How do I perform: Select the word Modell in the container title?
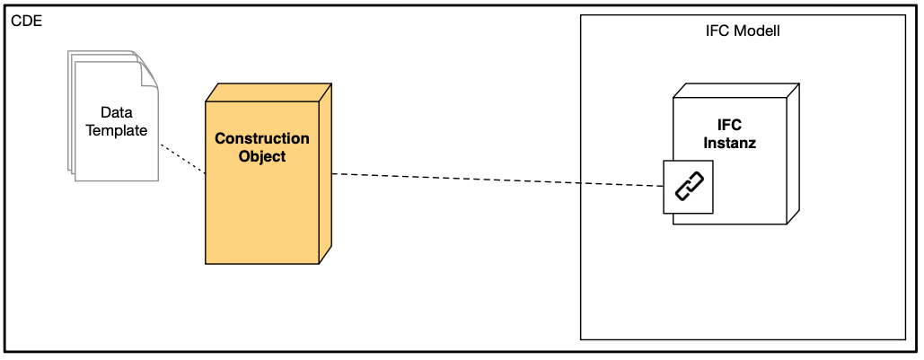point(758,31)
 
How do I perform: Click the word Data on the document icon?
point(116,112)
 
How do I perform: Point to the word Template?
point(116,129)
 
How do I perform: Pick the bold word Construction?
point(261,139)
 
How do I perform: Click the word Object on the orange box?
point(261,156)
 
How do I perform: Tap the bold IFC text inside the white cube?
point(729,125)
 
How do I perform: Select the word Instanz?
point(729,142)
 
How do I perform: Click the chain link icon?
point(689,188)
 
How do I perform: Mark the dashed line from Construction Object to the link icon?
point(494,180)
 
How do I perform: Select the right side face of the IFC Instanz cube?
point(791,153)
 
